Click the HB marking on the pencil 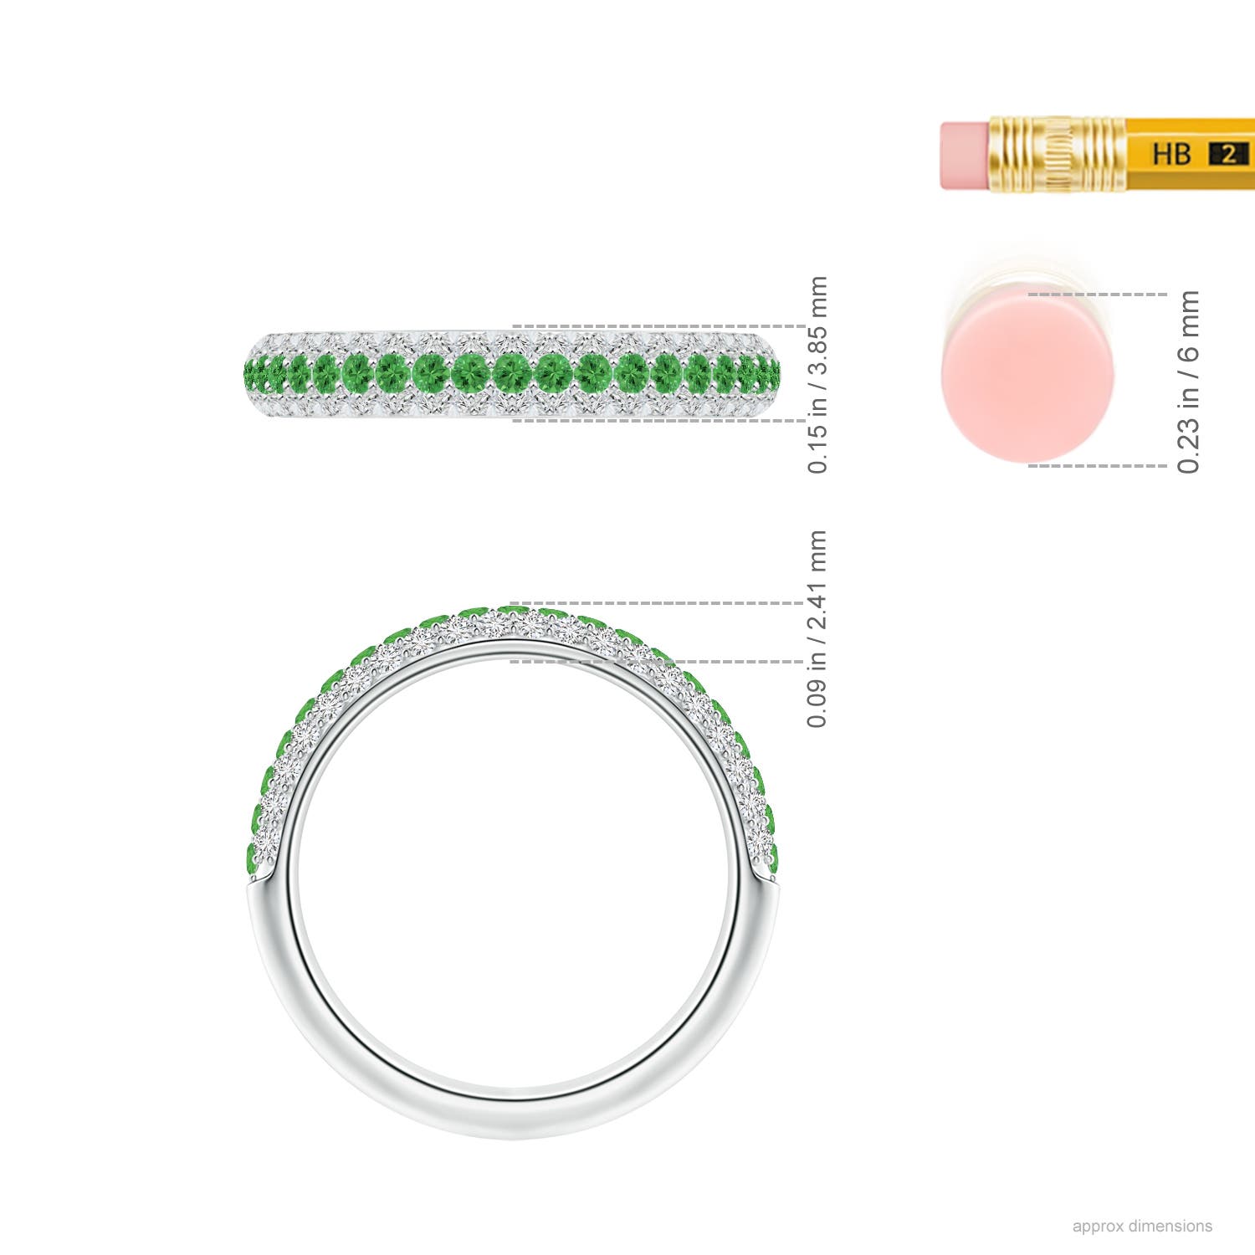1171,154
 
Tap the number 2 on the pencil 1228,154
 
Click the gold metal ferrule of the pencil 1056,155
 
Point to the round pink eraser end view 1027,373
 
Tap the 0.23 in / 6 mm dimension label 1188,382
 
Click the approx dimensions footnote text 1142,1226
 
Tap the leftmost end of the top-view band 248,371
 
